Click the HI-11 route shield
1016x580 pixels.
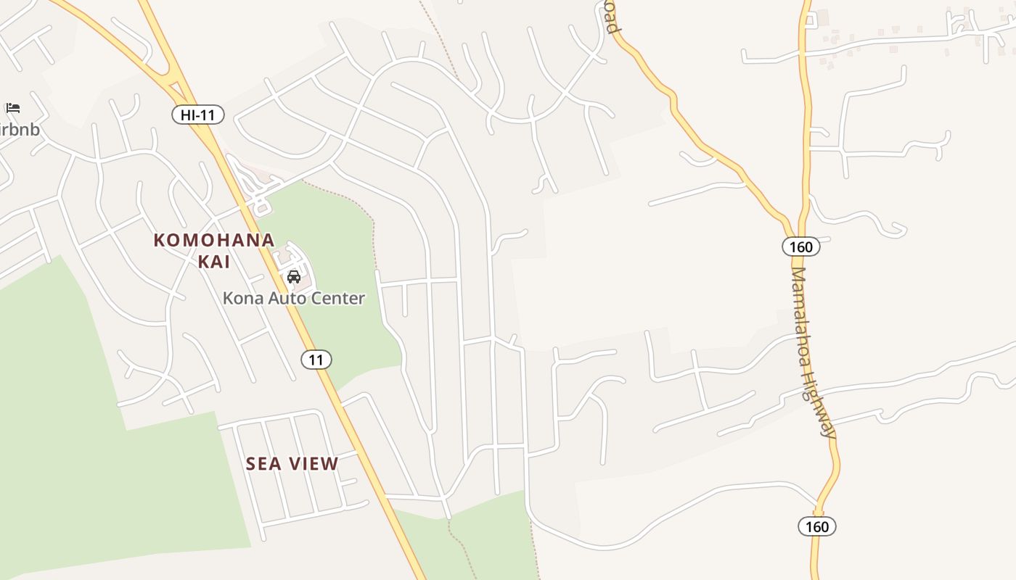pos(198,115)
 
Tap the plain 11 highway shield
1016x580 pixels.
pos(316,360)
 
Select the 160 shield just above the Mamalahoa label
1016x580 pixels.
pos(801,246)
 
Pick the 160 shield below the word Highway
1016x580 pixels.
pos(817,526)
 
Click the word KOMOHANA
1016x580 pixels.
pos(214,240)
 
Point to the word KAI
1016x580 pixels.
pos(214,261)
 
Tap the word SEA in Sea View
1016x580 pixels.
pos(263,464)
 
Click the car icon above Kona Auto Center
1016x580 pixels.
pos(294,276)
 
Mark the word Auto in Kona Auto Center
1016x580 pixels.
pos(291,298)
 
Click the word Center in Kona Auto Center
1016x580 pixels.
pos(342,298)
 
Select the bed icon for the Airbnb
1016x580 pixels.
pos(12,108)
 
